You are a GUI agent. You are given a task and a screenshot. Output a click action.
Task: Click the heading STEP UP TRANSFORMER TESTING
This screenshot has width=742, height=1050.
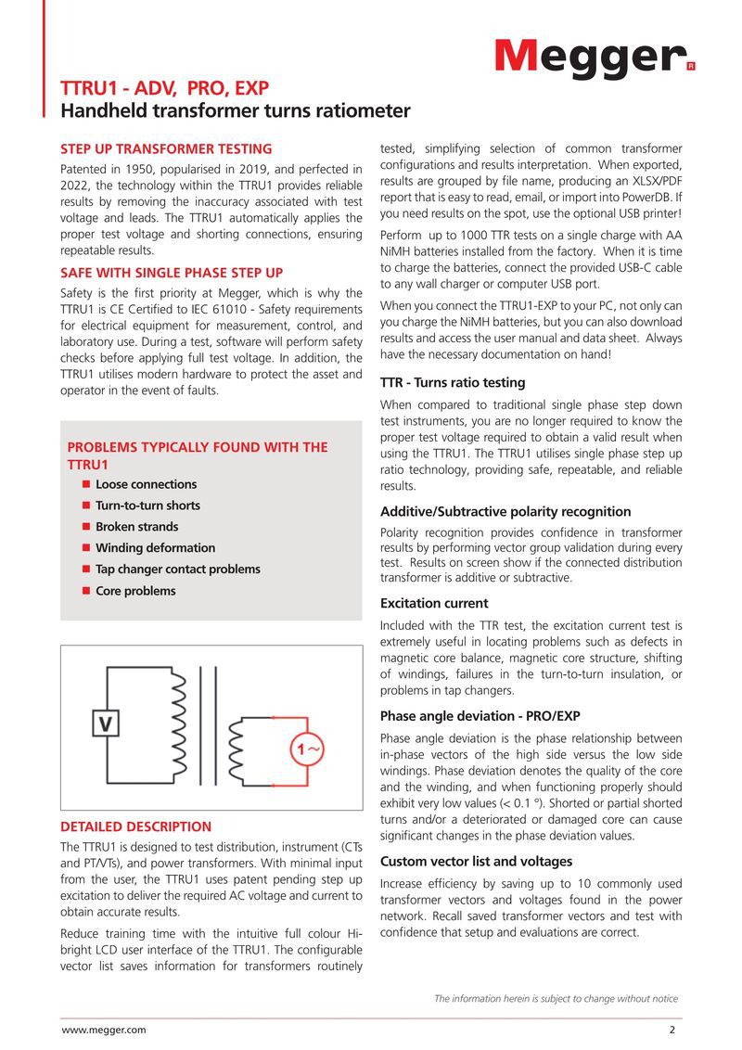pyautogui.click(x=166, y=148)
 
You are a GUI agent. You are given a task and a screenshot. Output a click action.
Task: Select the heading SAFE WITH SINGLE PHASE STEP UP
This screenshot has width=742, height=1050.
pyautogui.click(x=172, y=273)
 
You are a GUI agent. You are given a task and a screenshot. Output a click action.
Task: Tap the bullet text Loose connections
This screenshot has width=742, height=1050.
pyautogui.click(x=146, y=484)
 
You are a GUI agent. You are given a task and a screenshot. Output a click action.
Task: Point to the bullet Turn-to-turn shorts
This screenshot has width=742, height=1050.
pyautogui.click(x=147, y=506)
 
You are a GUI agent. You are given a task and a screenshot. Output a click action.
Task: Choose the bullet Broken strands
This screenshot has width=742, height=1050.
pyautogui.click(x=136, y=527)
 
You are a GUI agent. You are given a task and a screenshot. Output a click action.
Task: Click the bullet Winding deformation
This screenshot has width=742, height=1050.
pyautogui.click(x=155, y=548)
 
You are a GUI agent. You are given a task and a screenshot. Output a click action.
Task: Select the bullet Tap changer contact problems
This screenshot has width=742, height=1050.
pyautogui.click(x=177, y=570)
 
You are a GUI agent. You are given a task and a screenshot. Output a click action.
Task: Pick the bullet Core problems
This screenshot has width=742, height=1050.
pyautogui.click(x=135, y=591)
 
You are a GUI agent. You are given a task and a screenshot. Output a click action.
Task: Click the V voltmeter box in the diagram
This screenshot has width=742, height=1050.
pyautogui.click(x=107, y=723)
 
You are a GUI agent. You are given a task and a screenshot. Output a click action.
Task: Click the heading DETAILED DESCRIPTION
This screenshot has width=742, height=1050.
pyautogui.click(x=135, y=826)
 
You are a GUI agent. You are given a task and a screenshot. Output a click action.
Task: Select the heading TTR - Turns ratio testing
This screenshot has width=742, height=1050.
pyautogui.click(x=453, y=382)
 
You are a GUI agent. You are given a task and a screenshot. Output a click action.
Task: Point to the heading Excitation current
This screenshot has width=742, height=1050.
pyautogui.click(x=434, y=603)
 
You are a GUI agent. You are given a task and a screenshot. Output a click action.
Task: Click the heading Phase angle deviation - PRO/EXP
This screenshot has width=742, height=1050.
pyautogui.click(x=480, y=716)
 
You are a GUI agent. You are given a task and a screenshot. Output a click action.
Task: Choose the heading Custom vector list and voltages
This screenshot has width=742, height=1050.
pyautogui.click(x=476, y=862)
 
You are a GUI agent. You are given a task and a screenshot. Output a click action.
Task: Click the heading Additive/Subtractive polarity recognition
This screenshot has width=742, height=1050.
pyautogui.click(x=505, y=511)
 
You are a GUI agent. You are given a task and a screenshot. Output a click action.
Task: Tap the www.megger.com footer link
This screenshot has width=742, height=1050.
pyautogui.click(x=103, y=1030)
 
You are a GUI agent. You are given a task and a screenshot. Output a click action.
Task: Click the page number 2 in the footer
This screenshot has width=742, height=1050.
pyautogui.click(x=672, y=1030)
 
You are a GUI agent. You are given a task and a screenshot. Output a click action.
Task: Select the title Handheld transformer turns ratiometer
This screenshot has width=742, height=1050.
pyautogui.click(x=235, y=111)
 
